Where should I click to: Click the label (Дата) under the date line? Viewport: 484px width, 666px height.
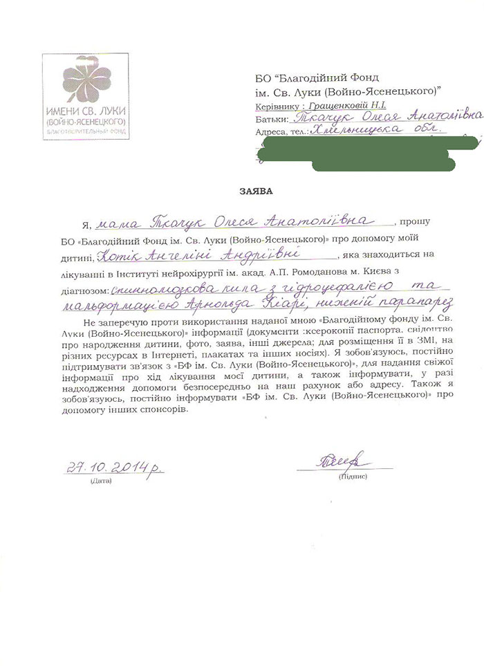(100, 479)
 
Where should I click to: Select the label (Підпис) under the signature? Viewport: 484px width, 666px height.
(353, 477)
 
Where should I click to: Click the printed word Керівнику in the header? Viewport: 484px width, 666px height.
(273, 104)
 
